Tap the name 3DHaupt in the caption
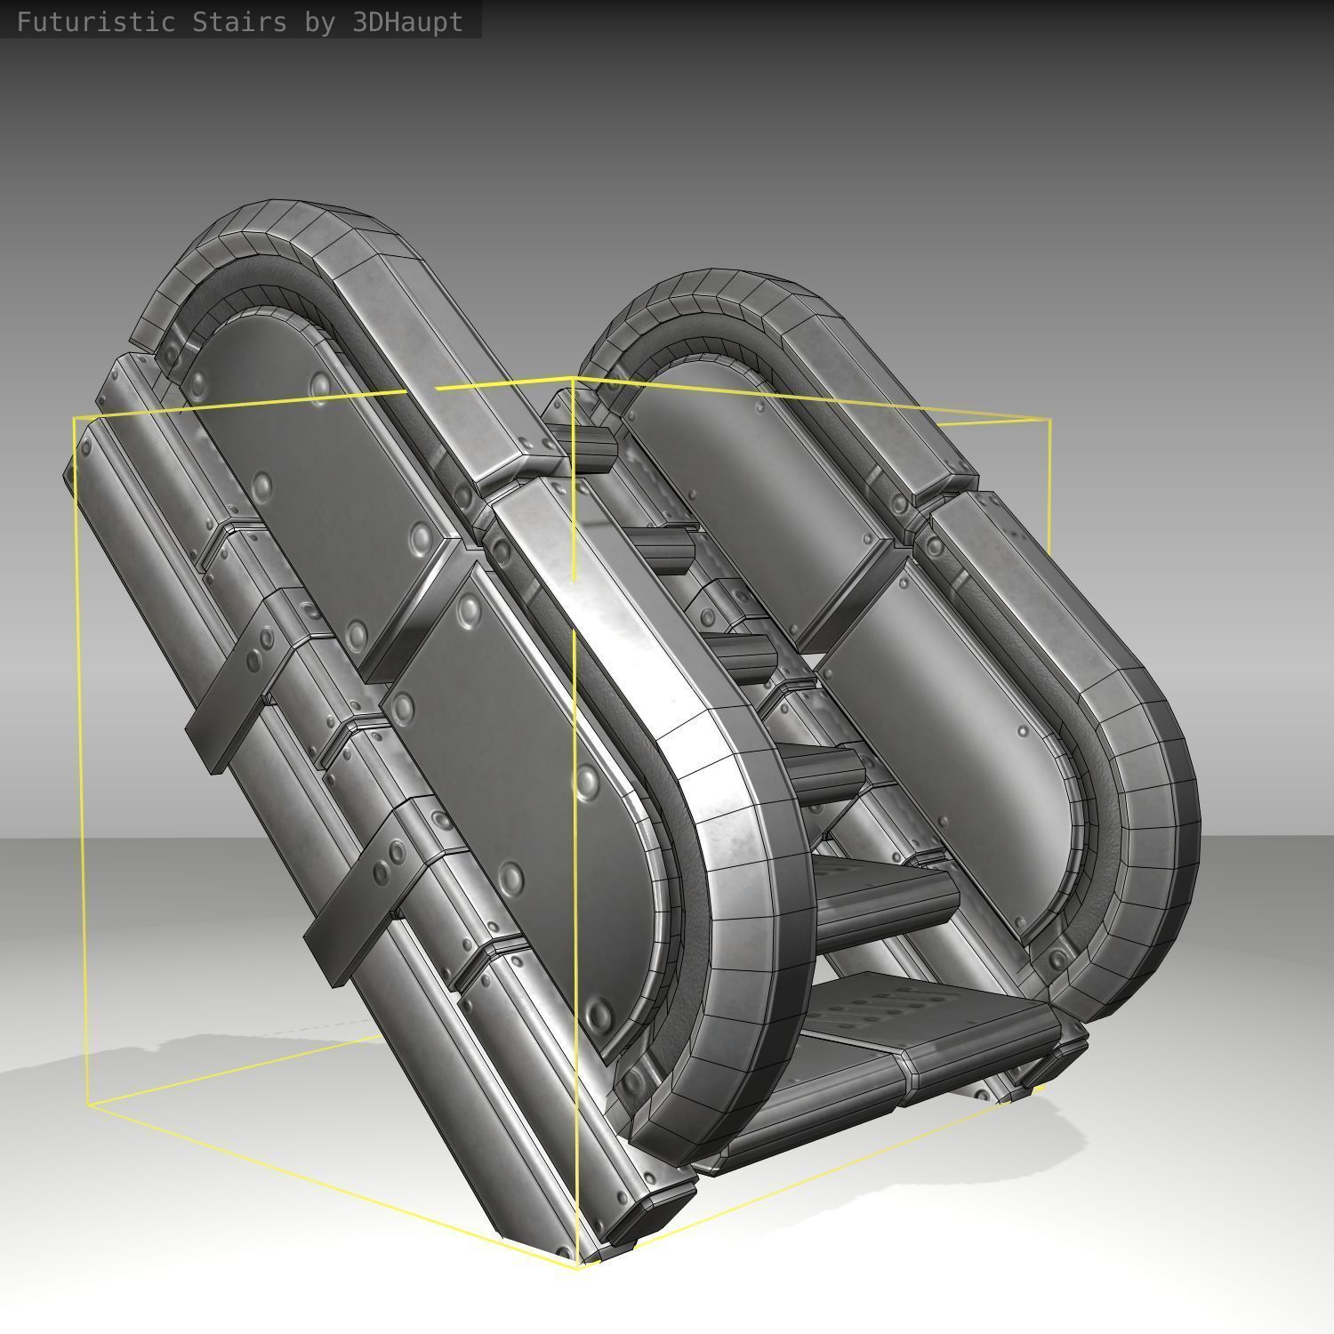407,22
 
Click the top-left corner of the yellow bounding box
75,417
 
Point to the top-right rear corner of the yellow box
1050,420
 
